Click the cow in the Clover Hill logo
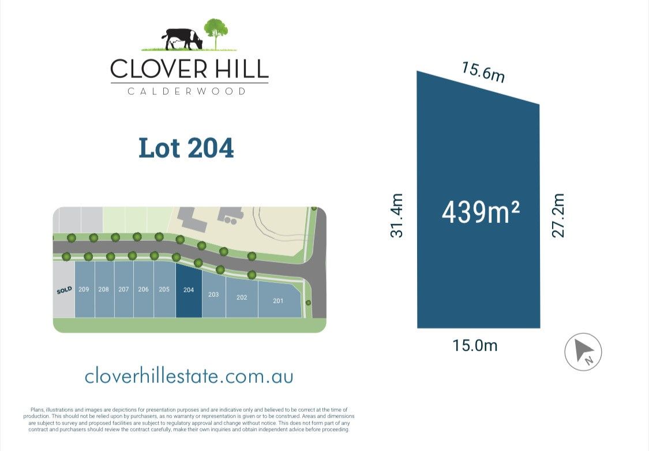[x=182, y=39]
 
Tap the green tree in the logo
[x=216, y=31]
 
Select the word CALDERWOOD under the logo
[x=186, y=91]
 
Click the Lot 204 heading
[x=186, y=148]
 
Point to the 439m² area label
[x=481, y=213]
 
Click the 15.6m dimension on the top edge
[x=483, y=72]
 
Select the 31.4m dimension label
[x=396, y=215]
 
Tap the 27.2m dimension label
[x=558, y=215]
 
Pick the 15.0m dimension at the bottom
[x=475, y=345]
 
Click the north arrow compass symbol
[x=583, y=352]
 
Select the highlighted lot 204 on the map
[x=189, y=290]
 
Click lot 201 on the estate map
[x=278, y=300]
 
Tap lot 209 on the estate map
[x=84, y=289]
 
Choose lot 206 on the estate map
[x=143, y=289]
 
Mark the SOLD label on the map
[x=64, y=290]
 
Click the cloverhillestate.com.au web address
[x=189, y=377]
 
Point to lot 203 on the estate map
[x=213, y=295]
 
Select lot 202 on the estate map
[x=242, y=297]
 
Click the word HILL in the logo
[x=239, y=69]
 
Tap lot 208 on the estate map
[x=103, y=289]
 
